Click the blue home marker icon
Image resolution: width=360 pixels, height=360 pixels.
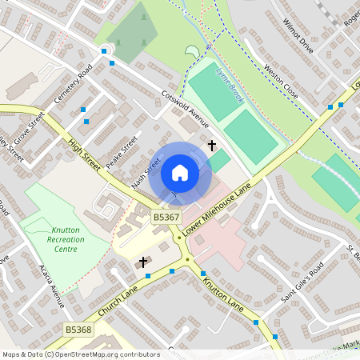click(180, 173)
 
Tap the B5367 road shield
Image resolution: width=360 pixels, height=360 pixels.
click(166, 217)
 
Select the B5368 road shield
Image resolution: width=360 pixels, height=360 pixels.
click(78, 330)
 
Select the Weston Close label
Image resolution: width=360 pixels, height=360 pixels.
click(281, 83)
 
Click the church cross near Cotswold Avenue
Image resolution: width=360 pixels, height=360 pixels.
click(212, 146)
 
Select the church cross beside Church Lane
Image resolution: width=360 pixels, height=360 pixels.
click(144, 262)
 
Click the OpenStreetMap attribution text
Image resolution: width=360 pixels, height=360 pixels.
click(81, 354)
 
